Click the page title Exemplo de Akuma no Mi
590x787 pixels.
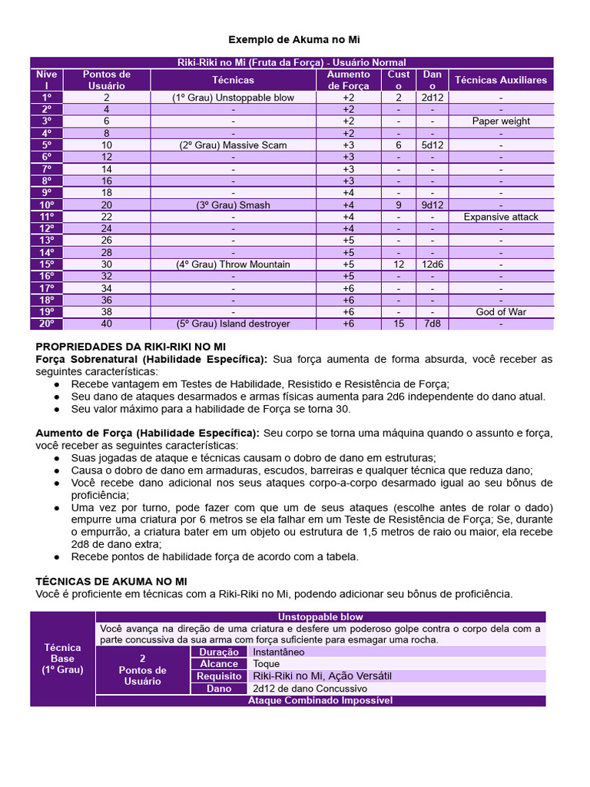294,39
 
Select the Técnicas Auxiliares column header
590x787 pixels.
501,80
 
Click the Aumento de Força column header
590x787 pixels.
348,80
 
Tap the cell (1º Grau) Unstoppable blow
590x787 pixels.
233,98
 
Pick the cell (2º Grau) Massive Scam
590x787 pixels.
233,145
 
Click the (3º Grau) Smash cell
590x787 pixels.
233,205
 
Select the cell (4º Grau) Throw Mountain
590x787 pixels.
233,264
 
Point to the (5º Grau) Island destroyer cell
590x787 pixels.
233,324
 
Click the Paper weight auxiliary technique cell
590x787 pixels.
501,121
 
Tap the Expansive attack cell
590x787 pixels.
501,217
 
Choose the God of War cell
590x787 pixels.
501,312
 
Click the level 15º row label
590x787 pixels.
47,264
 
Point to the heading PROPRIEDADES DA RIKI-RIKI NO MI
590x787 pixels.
131,347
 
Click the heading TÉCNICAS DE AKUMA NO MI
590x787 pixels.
111,582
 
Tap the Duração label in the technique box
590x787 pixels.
219,652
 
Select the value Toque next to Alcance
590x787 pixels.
266,664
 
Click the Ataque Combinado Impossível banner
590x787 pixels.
320,701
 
